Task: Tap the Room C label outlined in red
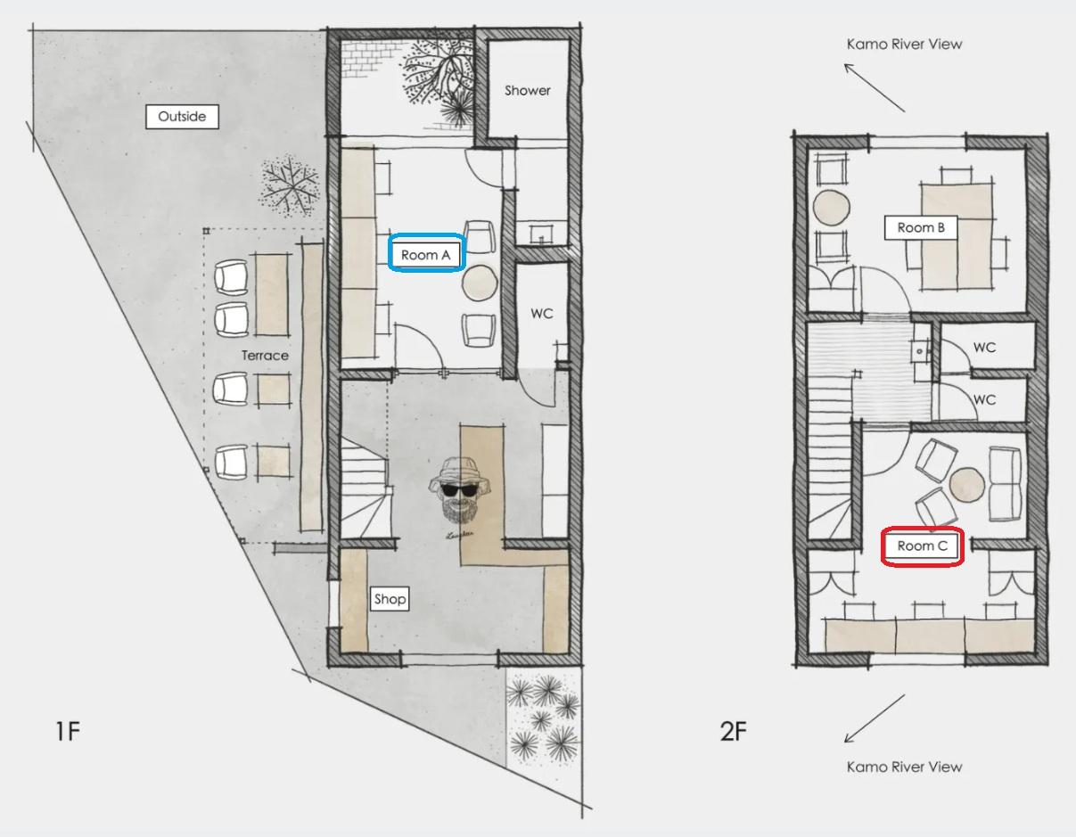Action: click(x=922, y=546)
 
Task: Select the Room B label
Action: click(x=921, y=227)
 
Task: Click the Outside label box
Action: click(x=182, y=116)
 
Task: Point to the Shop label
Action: click(x=390, y=599)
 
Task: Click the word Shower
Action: click(x=528, y=91)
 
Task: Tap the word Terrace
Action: click(x=265, y=356)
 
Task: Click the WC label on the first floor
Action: click(x=542, y=314)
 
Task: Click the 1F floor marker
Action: click(x=68, y=731)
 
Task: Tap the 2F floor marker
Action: click(x=733, y=731)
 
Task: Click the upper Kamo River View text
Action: click(x=904, y=44)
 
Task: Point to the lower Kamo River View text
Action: click(x=904, y=767)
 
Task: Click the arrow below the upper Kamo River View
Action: click(x=875, y=87)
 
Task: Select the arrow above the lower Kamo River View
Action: click(x=875, y=718)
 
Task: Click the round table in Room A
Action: click(x=480, y=283)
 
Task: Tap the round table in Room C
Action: click(x=966, y=485)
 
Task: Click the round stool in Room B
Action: click(x=832, y=208)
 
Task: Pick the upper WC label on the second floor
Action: click(x=984, y=348)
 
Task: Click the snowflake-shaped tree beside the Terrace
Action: click(x=289, y=186)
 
